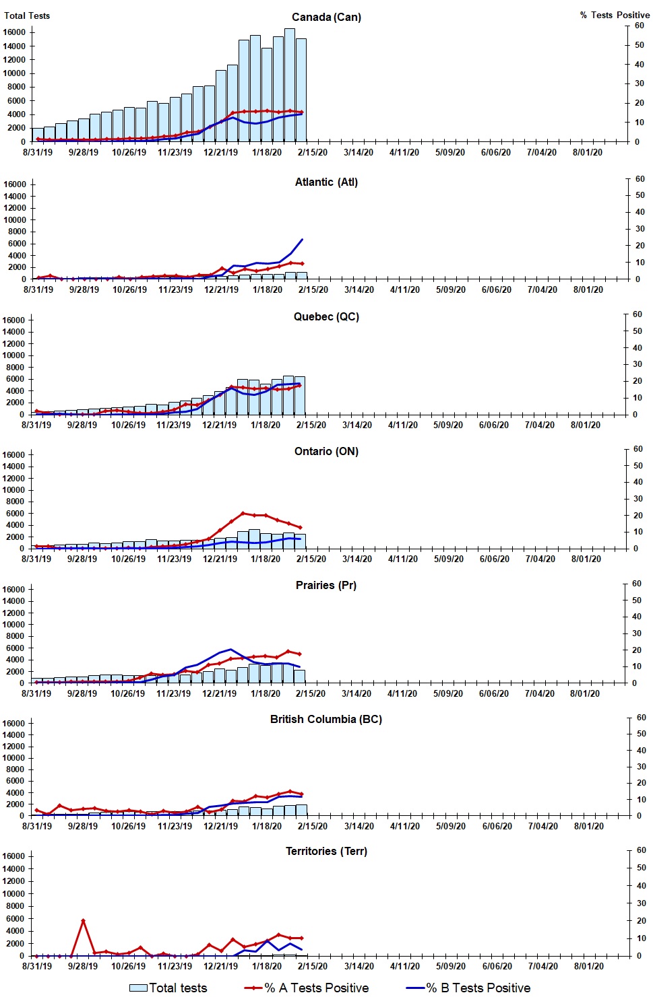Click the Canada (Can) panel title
tap(326, 17)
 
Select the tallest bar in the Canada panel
tap(289, 84)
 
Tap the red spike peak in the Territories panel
tap(83, 920)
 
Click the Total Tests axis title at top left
tap(27, 15)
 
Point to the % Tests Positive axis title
tap(615, 15)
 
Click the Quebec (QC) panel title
tap(326, 316)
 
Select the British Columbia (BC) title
tap(326, 719)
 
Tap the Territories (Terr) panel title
tap(326, 851)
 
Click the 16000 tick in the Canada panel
tap(14, 32)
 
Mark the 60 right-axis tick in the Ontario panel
tap(637, 449)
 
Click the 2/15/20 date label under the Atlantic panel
tap(313, 289)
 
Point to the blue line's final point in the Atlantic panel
tap(302, 239)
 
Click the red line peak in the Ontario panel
tap(243, 513)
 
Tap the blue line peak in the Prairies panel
tap(231, 650)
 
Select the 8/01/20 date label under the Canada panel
tap(588, 152)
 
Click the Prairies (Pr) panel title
tap(326, 585)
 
